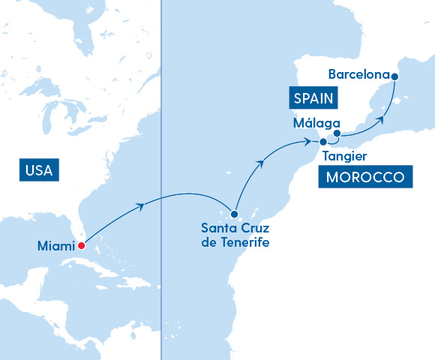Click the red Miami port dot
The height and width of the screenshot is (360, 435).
click(81, 245)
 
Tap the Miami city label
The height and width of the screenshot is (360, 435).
click(56, 246)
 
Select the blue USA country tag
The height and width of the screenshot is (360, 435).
click(39, 170)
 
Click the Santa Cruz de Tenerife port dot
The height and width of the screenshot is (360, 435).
click(234, 214)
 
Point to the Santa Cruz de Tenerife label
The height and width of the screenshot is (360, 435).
click(234, 235)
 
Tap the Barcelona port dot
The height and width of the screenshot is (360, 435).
click(395, 76)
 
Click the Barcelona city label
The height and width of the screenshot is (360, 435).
click(359, 74)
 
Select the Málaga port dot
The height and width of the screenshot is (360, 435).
click(337, 134)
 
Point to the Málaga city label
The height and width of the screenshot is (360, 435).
click(318, 123)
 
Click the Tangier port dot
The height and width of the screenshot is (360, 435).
click(323, 142)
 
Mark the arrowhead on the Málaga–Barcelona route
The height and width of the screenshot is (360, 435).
click(382, 118)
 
